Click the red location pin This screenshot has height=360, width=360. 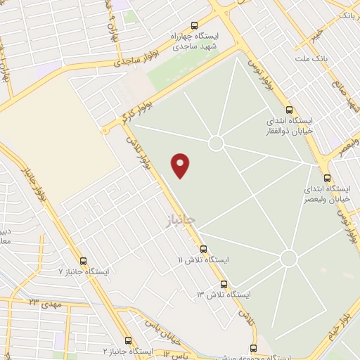tap(181, 165)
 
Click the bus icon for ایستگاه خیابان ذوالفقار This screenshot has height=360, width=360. tap(289, 110)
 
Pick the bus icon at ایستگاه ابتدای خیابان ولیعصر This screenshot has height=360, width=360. tap(327, 177)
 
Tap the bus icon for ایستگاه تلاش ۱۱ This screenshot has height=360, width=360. tap(203, 249)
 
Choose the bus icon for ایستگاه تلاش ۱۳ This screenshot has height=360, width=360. tap(224, 284)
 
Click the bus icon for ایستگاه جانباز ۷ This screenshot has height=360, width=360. tap(84, 261)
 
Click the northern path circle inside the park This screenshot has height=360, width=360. tap(216, 143)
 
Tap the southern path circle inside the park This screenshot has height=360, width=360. tap(288, 258)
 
